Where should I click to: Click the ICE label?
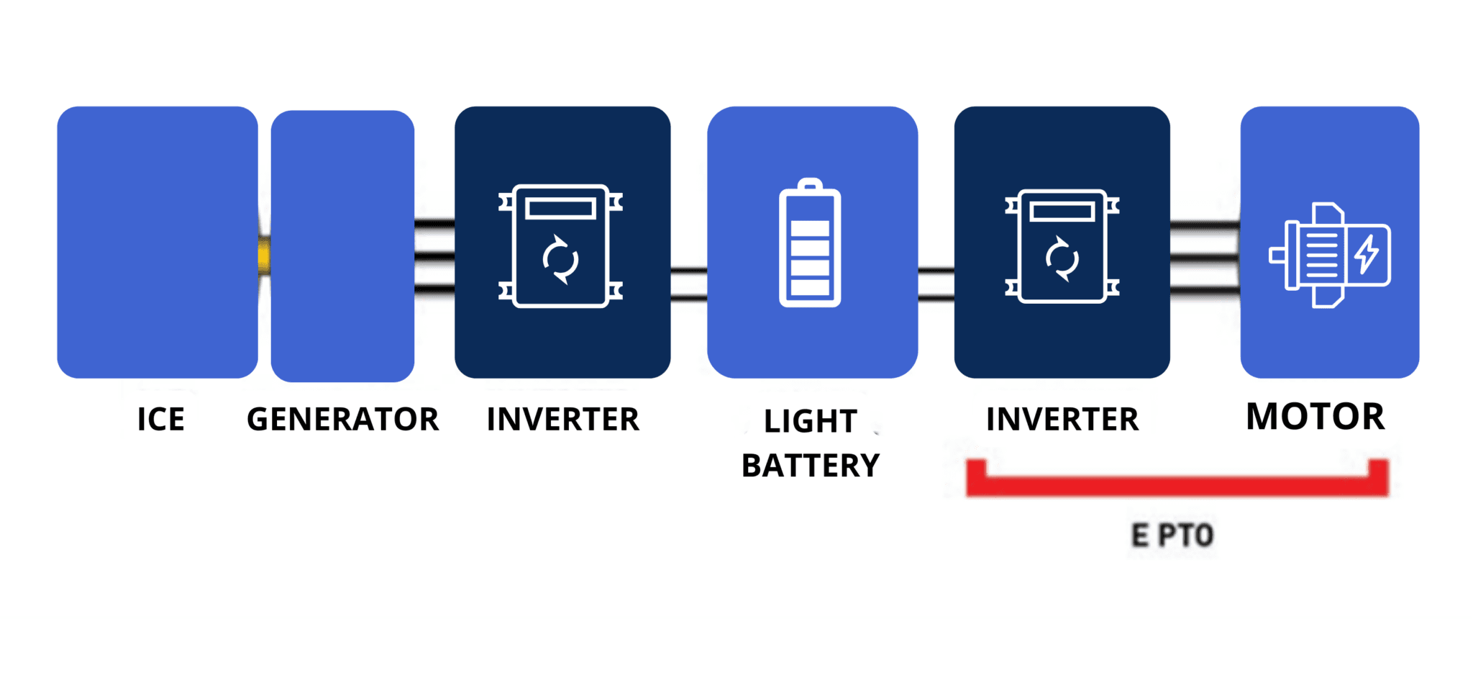160,420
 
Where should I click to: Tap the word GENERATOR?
342,420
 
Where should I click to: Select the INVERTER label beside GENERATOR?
562,420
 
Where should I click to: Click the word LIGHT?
810,422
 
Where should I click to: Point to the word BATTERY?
811,466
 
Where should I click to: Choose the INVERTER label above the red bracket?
1062,420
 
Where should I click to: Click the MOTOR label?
1315,417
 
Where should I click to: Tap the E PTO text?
1172,535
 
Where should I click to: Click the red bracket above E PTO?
1177,486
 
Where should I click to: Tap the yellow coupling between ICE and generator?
264,256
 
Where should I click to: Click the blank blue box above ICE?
158,242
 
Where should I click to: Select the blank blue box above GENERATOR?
342,245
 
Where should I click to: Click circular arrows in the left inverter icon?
560,259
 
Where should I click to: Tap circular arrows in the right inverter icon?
1062,258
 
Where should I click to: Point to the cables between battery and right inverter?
936,284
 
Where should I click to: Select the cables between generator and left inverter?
434,256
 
